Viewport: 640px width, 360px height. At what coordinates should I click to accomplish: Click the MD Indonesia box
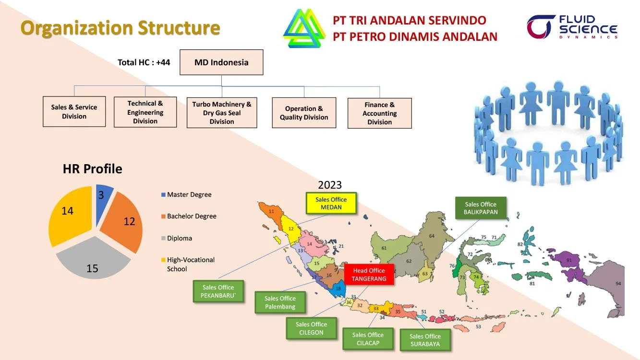pos(221,62)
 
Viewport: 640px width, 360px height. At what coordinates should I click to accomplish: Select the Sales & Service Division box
pos(74,112)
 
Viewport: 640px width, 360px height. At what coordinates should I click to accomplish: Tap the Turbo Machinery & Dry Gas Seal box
pos(221,113)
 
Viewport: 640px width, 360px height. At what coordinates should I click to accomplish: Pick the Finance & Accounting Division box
pos(379,113)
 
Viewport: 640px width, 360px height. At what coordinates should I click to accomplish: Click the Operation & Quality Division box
pos(303,113)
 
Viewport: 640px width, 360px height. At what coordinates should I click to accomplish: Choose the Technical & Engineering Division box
pos(145,112)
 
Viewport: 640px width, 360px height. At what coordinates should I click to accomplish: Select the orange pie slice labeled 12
pos(124,223)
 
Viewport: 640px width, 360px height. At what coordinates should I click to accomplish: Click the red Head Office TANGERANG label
pos(369,275)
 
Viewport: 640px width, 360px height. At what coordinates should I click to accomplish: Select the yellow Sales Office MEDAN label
pos(331,204)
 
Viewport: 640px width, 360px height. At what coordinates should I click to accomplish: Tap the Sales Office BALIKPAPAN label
pos(481,208)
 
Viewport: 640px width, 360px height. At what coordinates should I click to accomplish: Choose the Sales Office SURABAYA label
pos(425,340)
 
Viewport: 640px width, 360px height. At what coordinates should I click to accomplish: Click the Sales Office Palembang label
pos(280,302)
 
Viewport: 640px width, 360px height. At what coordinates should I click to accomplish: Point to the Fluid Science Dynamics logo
pos(572,27)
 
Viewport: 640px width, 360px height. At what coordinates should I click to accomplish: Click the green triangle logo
pos(304,29)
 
